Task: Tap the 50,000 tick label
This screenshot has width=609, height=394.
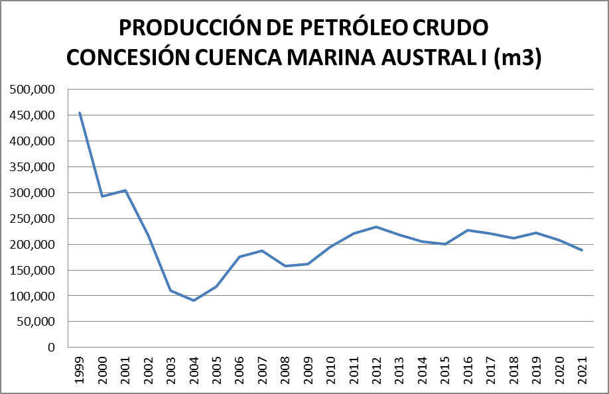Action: [x=38, y=322]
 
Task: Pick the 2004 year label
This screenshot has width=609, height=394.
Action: [x=194, y=367]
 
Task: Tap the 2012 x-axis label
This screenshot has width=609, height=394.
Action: [x=377, y=367]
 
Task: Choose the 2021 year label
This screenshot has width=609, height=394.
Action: [x=582, y=367]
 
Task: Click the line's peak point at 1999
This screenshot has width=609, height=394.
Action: [x=80, y=113]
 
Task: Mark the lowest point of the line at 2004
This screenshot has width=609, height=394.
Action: [x=194, y=300]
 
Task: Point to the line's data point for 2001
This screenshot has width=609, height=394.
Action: [x=125, y=190]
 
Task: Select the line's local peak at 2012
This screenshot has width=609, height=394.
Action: [x=377, y=227]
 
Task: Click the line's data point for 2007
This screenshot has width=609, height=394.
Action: [x=263, y=251]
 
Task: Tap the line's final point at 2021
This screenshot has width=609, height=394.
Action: [x=582, y=250]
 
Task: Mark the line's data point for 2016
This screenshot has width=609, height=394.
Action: [x=468, y=230]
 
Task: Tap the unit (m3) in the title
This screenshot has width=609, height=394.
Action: [x=517, y=58]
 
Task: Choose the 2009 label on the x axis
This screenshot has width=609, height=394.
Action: [x=308, y=367]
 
